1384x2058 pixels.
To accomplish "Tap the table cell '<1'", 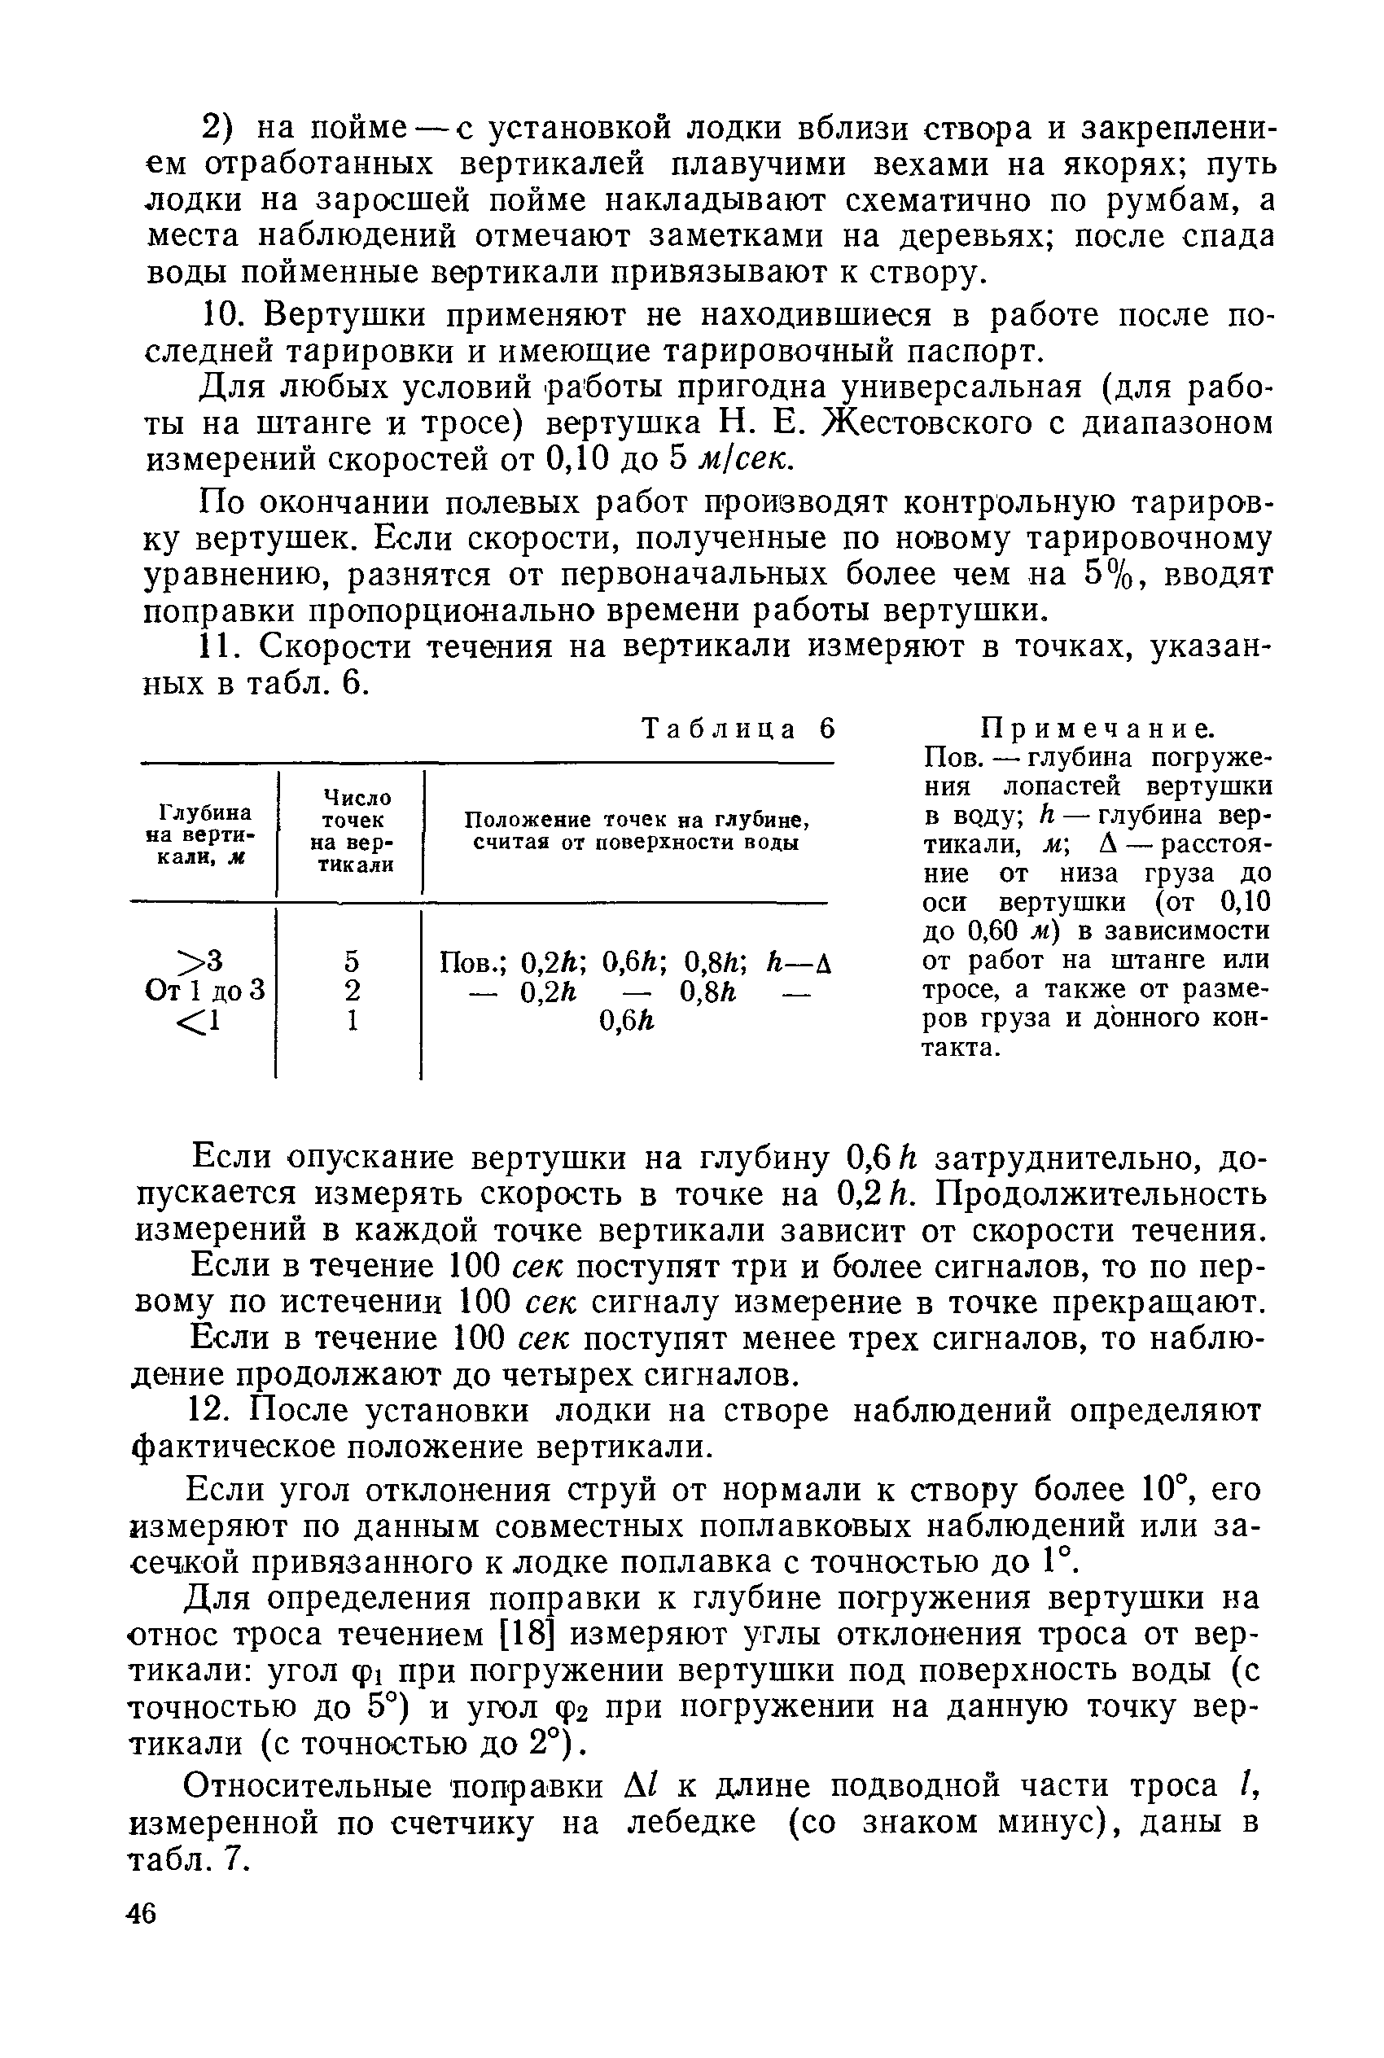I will [199, 1021].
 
